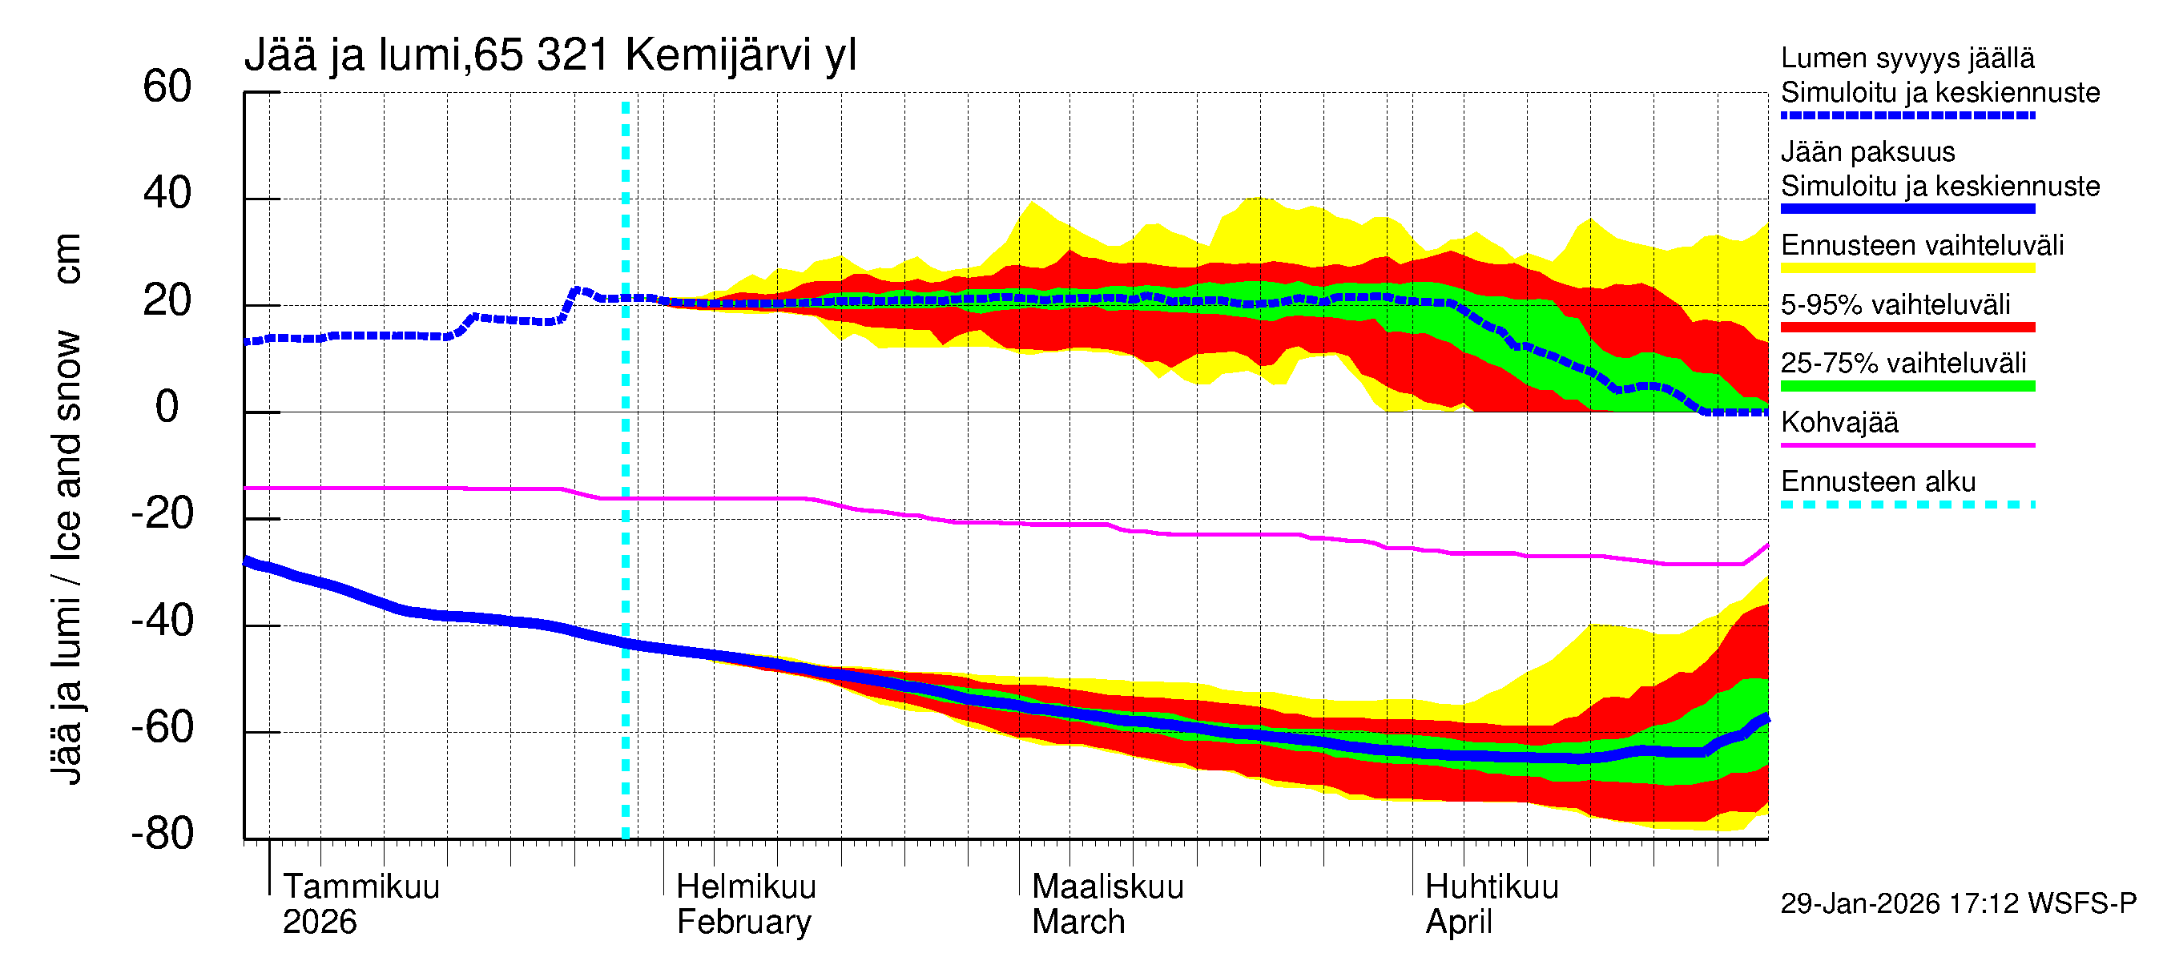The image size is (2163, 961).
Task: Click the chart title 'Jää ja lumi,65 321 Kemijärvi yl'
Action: (550, 55)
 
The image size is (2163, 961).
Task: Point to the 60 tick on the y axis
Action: (167, 86)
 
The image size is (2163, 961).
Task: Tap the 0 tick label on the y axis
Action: (167, 407)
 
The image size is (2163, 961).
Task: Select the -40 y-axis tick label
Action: (162, 621)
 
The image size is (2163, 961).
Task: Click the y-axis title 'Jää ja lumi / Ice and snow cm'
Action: (66, 509)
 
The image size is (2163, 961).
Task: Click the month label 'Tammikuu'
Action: (361, 887)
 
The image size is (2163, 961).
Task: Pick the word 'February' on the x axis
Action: (744, 922)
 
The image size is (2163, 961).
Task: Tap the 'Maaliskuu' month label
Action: (1106, 887)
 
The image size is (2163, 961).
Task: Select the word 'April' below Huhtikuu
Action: (1459, 922)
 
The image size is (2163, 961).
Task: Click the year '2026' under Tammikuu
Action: (319, 922)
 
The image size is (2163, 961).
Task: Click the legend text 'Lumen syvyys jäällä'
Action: (1907, 58)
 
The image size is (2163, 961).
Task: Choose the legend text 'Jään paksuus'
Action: (1867, 152)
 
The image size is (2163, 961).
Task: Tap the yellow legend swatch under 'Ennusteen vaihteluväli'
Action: (1907, 267)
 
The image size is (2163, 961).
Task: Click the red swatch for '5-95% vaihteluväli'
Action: (1907, 327)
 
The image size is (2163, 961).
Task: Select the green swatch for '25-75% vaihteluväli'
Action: (1907, 386)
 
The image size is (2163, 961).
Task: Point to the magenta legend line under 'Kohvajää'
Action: (1907, 444)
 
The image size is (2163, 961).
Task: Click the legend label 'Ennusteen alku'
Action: (1878, 482)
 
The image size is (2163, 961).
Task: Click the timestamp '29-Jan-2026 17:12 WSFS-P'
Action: (1958, 903)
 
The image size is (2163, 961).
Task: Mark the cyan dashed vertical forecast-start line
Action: (626, 504)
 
